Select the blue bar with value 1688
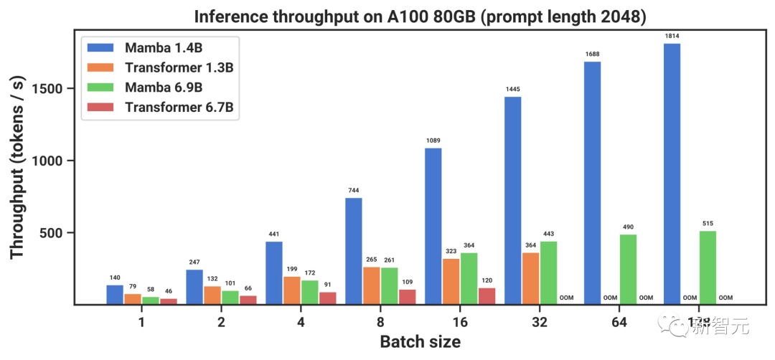tap(592, 183)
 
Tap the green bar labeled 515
tap(708, 267)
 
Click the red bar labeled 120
tap(487, 296)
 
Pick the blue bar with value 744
tap(354, 251)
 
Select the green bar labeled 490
tap(628, 269)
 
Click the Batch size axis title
tap(420, 341)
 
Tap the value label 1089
tap(433, 141)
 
